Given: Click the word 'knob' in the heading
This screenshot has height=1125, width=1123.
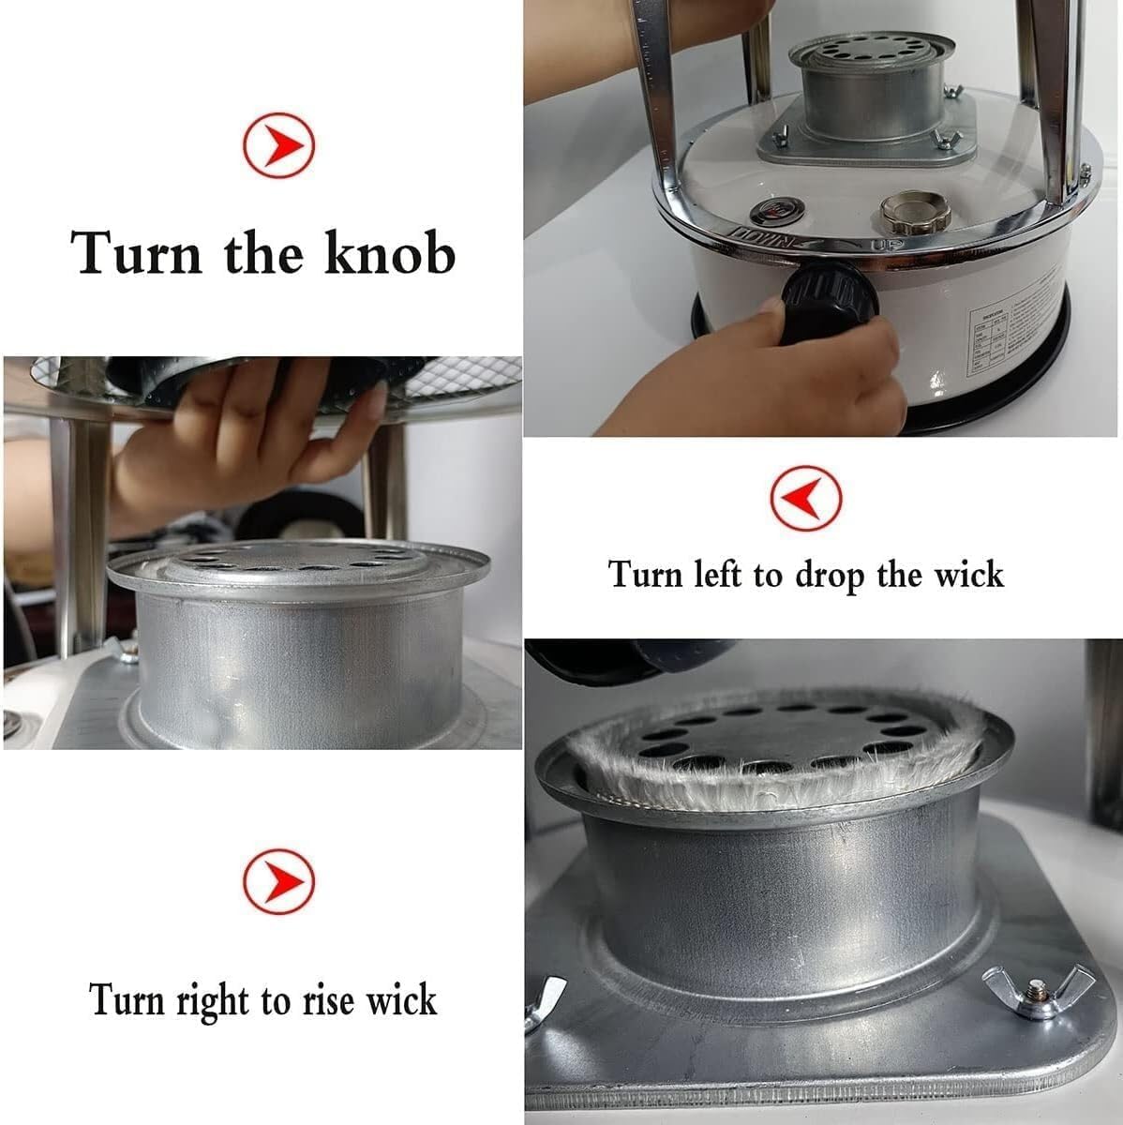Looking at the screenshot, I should click(390, 253).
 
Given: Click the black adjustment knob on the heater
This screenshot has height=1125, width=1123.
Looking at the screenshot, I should click(828, 298).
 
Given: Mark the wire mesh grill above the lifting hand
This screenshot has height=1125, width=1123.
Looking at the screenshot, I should click(450, 380).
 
